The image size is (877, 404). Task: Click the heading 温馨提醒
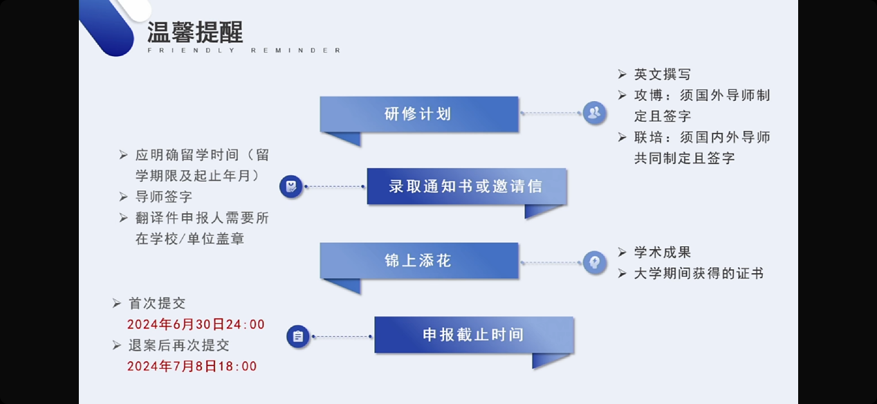[194, 32]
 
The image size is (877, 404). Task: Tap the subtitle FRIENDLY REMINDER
[244, 50]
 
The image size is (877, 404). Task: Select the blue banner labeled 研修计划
[418, 113]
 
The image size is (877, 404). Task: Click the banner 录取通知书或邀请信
[466, 186]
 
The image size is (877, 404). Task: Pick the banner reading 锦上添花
[418, 260]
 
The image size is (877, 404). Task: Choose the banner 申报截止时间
[474, 335]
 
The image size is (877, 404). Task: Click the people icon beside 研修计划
[594, 113]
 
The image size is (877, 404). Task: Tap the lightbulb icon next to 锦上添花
[594, 261]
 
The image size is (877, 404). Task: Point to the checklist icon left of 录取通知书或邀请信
[291, 186]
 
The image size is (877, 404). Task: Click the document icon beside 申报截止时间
[298, 336]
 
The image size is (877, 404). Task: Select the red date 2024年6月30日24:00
[196, 324]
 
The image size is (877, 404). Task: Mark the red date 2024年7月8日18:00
[192, 366]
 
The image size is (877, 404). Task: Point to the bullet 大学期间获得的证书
[699, 273]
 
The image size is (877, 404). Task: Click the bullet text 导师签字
[164, 197]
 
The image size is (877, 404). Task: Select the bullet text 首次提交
[157, 304]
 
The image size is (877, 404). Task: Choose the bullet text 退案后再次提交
[178, 345]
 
